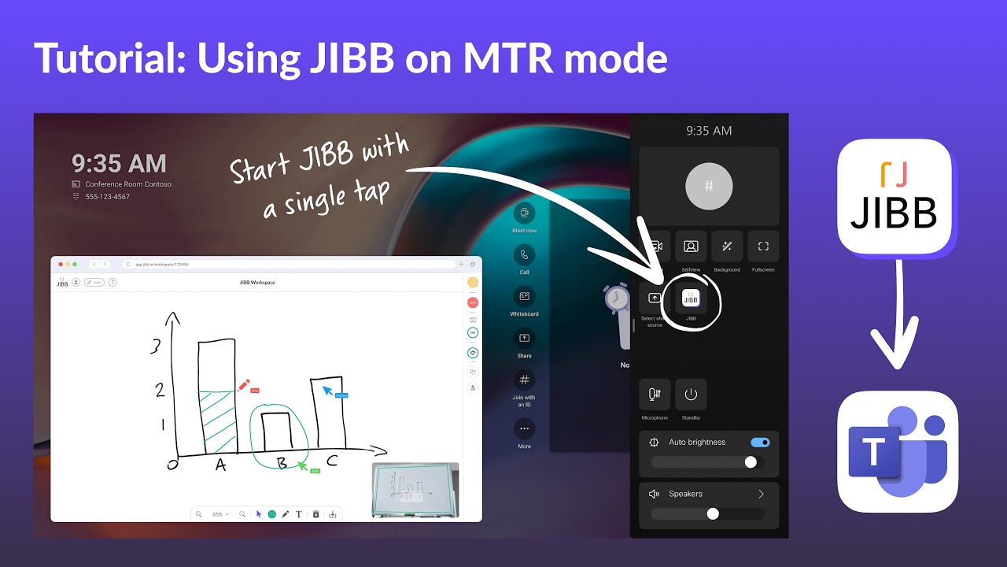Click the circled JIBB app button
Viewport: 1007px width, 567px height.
click(691, 298)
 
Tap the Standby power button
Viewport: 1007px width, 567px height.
click(691, 395)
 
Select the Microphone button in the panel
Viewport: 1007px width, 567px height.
click(655, 395)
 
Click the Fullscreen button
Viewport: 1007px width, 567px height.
click(763, 246)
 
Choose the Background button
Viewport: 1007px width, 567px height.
click(727, 246)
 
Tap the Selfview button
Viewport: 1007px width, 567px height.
click(691, 246)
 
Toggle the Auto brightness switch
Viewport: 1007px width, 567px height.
click(760, 443)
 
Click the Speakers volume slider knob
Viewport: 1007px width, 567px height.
click(713, 513)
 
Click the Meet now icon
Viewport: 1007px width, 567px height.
click(524, 213)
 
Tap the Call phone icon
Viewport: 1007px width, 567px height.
click(524, 255)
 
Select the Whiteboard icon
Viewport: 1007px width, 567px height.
click(524, 297)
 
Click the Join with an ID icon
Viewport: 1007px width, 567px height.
click(524, 380)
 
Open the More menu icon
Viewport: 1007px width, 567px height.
click(524, 428)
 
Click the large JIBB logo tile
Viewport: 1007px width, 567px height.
click(894, 196)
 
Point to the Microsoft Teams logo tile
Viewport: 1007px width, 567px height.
click(898, 451)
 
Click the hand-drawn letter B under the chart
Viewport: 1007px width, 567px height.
click(282, 463)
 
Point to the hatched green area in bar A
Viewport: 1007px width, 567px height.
click(216, 422)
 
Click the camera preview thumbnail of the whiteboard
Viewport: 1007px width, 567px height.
click(415, 490)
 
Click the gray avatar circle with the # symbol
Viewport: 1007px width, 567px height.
click(709, 187)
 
